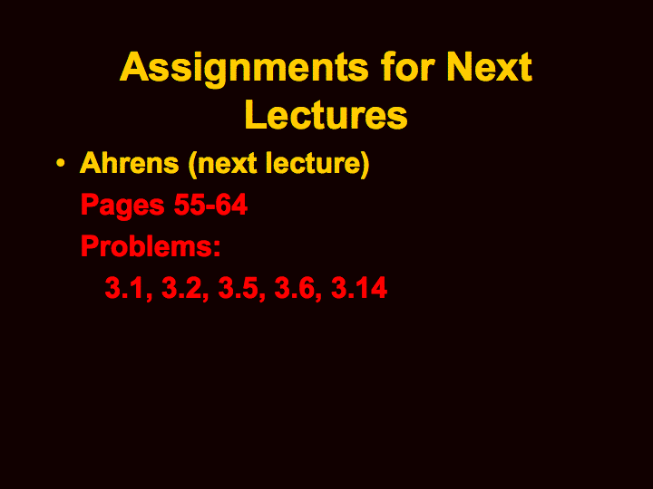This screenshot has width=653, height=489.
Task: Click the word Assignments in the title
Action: click(x=244, y=69)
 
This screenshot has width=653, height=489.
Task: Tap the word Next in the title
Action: click(x=489, y=66)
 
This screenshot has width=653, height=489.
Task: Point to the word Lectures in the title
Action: click(x=326, y=115)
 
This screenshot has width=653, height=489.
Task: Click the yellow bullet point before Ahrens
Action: click(x=61, y=163)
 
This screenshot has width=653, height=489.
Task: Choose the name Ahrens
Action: click(x=129, y=163)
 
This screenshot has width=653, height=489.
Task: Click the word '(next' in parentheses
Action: click(x=223, y=164)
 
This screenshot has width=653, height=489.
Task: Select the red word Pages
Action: click(x=122, y=206)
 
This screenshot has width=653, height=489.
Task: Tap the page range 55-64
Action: click(x=210, y=205)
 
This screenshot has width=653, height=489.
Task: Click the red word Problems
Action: click(x=146, y=245)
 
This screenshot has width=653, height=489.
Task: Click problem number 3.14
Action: click(x=359, y=287)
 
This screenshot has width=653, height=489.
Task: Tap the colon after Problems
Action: click(x=217, y=249)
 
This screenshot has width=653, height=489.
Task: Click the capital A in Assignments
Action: click(x=134, y=66)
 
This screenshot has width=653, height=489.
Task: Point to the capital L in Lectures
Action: click(x=255, y=114)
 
